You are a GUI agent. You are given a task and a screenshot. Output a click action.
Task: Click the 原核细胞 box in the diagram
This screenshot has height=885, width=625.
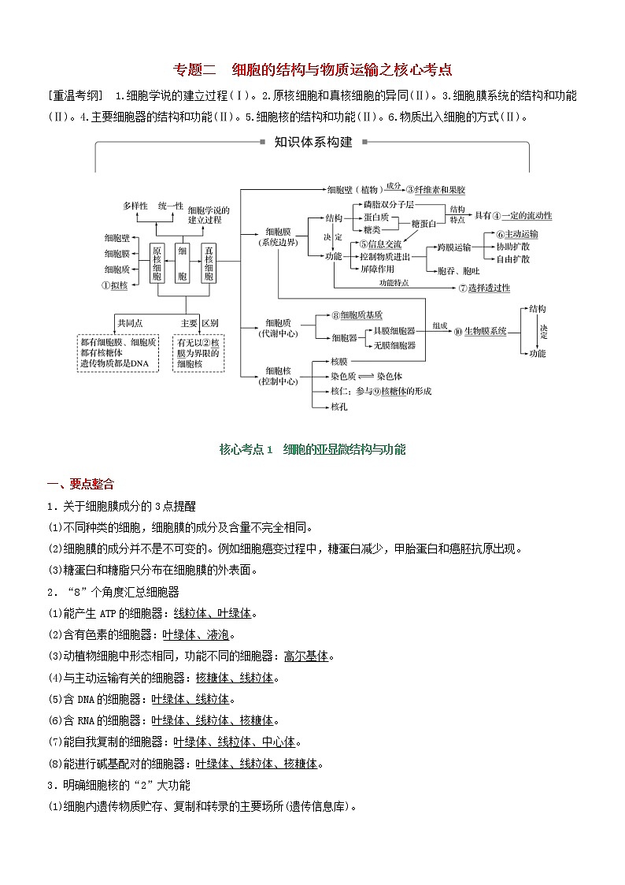click(x=157, y=262)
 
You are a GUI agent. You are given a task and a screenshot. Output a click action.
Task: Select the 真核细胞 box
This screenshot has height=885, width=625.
click(x=209, y=262)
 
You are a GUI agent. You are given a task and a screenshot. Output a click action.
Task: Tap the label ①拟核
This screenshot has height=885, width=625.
click(x=115, y=287)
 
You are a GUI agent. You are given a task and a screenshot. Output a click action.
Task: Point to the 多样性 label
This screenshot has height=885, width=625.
click(x=135, y=206)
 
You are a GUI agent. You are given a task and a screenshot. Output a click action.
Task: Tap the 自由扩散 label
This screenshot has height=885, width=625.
click(x=512, y=258)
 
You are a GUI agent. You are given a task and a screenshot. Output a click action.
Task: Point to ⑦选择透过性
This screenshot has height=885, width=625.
click(x=483, y=288)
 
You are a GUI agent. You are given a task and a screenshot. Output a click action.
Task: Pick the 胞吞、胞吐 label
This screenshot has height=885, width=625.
click(x=455, y=270)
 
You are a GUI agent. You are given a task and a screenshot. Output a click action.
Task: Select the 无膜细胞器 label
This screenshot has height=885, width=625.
click(x=394, y=345)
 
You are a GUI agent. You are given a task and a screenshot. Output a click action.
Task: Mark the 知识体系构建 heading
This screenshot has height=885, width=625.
click(x=312, y=143)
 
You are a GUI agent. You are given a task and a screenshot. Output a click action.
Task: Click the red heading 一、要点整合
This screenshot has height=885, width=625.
click(x=81, y=484)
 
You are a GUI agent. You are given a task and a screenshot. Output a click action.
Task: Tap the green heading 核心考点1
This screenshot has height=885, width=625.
click(x=245, y=449)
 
